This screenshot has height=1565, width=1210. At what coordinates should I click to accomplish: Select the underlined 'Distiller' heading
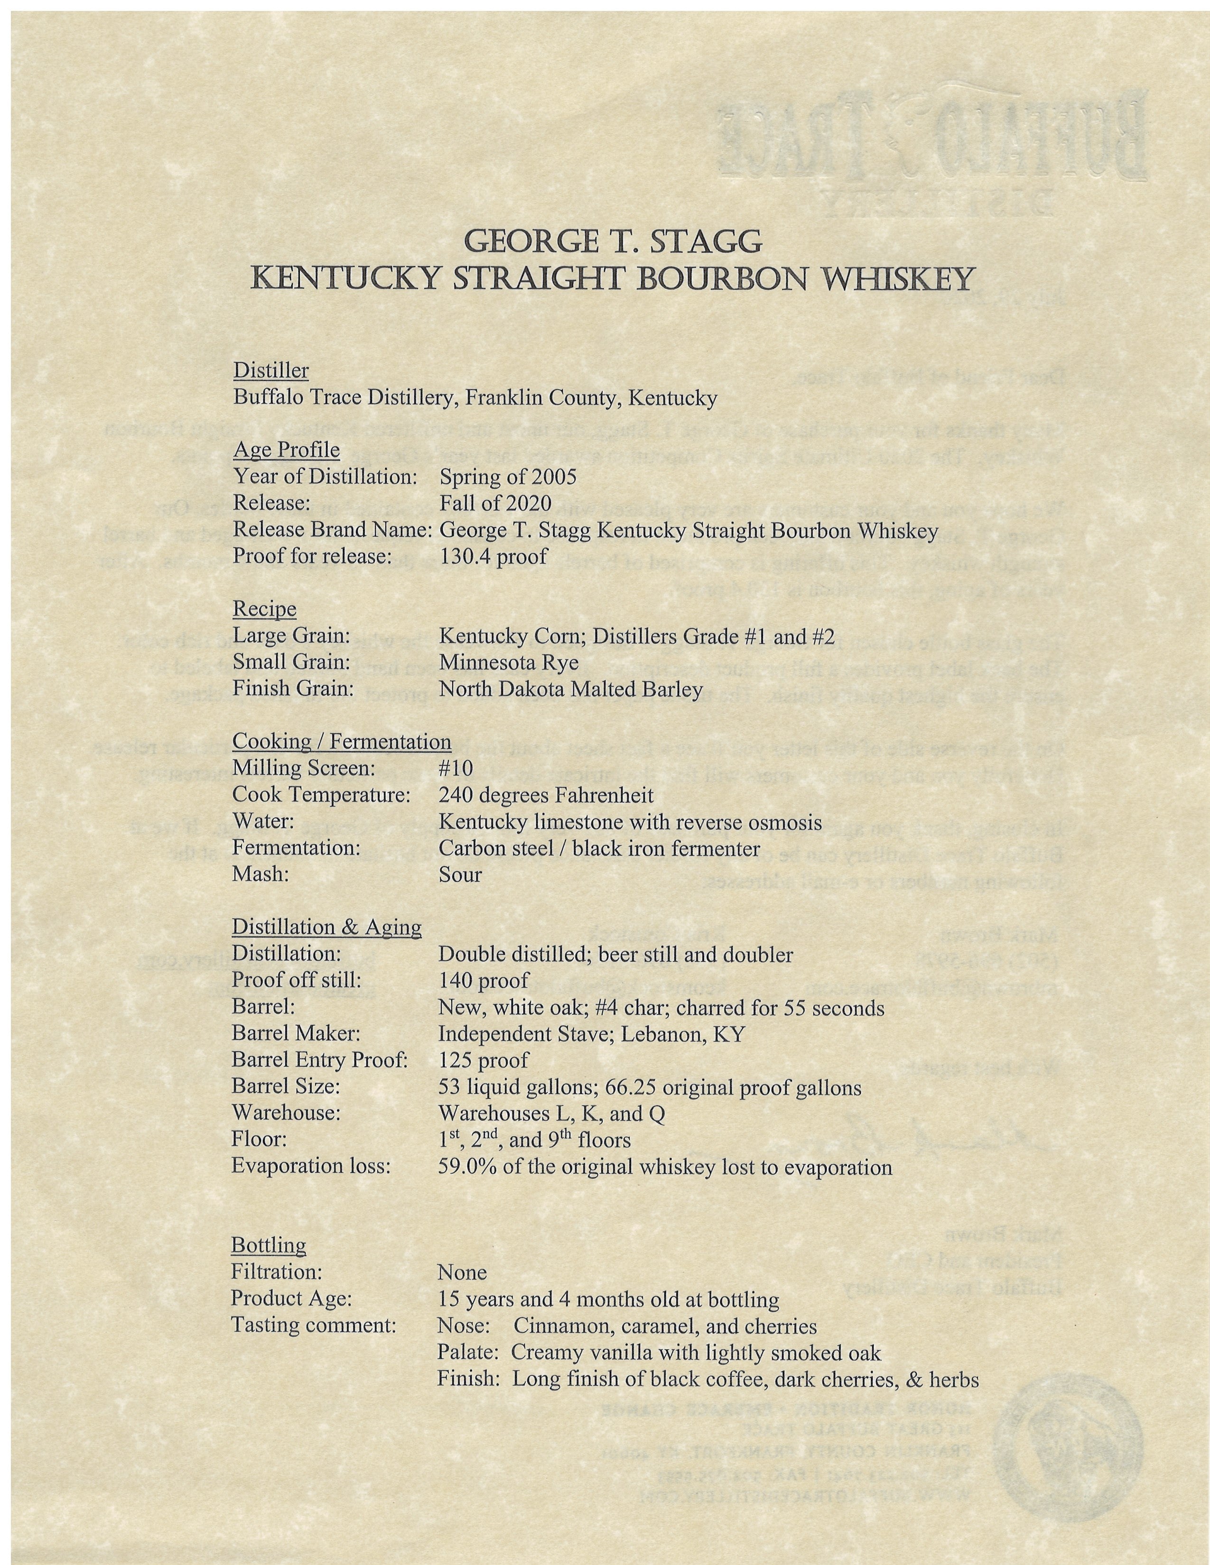pyautogui.click(x=271, y=370)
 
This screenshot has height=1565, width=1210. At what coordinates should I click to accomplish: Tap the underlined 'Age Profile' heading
pyautogui.click(x=286, y=450)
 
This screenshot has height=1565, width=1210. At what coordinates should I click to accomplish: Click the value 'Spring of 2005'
pyautogui.click(x=508, y=477)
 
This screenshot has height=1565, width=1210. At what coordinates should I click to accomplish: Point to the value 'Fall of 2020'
pyautogui.click(x=494, y=503)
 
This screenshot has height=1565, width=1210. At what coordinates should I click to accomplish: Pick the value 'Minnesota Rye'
pyautogui.click(x=508, y=662)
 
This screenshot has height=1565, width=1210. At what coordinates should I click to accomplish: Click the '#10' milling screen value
pyautogui.click(x=456, y=768)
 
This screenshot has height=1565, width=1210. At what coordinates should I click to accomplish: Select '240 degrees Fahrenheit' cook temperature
pyautogui.click(x=546, y=795)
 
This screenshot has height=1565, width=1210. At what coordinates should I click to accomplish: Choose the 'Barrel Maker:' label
pyautogui.click(x=295, y=1033)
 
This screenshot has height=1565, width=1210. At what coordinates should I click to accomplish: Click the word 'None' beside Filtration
pyautogui.click(x=462, y=1273)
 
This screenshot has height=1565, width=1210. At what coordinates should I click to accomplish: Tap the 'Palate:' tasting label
pyautogui.click(x=469, y=1353)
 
